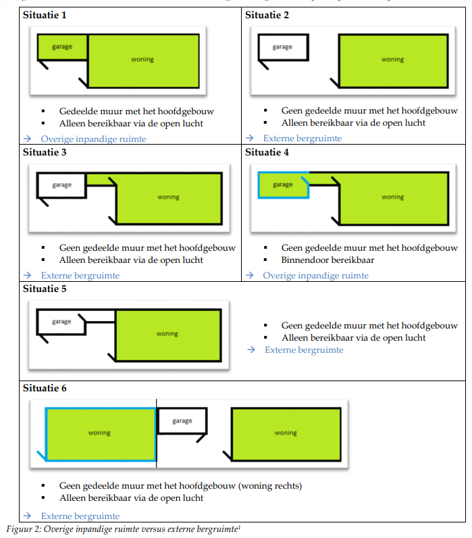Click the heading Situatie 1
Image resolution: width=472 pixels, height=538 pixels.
45,15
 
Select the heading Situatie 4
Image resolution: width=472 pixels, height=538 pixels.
267,152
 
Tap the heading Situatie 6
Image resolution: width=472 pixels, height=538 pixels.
45,389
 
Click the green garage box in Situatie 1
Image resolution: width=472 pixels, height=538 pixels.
62,47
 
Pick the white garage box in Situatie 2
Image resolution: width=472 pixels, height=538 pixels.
282,47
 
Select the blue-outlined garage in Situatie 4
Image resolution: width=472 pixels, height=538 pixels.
283,185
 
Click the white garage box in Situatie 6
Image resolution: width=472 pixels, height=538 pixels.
182,421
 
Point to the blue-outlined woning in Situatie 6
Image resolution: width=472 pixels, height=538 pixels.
100,433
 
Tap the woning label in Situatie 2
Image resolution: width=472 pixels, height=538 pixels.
392,59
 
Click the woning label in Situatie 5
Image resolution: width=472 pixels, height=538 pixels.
167,334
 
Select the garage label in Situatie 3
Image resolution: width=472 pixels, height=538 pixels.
61,185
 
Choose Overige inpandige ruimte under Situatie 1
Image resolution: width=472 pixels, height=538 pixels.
93,139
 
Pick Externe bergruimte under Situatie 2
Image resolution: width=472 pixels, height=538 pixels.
303,139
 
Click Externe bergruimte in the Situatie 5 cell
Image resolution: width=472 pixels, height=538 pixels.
304,350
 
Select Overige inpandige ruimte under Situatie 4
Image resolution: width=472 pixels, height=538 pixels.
315,276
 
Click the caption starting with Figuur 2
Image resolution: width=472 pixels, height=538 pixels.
123,529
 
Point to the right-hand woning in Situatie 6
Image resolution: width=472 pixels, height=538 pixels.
286,433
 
